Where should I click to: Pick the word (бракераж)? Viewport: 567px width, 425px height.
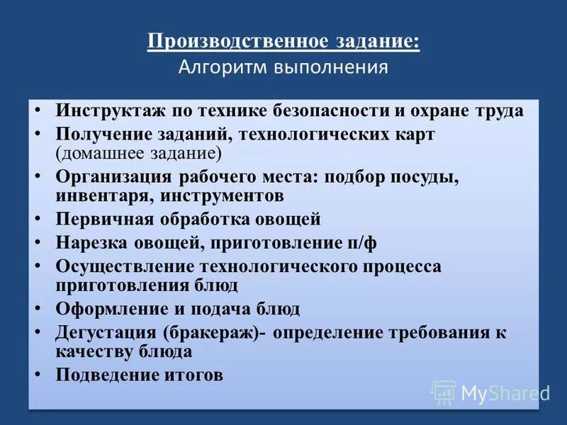pyautogui.click(x=210, y=333)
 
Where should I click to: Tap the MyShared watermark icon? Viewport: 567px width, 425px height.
pyautogui.click(x=444, y=392)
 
